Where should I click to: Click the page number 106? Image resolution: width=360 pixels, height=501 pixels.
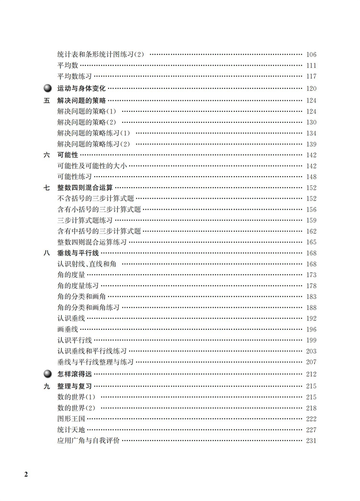(311, 55)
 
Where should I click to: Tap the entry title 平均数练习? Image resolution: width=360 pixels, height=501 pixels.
(74, 76)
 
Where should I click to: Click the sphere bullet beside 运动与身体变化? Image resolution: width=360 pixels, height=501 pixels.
(47, 88)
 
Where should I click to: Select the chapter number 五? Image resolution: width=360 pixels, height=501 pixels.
(47, 100)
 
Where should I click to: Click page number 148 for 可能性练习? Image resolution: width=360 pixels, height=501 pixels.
(311, 177)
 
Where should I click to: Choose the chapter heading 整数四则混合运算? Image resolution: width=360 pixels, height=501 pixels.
(85, 188)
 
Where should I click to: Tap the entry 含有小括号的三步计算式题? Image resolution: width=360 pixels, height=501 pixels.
(99, 209)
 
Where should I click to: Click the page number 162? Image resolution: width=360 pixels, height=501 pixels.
(311, 231)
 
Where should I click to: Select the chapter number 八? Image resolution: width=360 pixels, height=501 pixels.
(47, 253)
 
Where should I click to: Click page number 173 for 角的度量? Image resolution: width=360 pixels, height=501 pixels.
(311, 275)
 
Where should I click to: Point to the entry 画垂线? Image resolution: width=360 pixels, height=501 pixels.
(67, 329)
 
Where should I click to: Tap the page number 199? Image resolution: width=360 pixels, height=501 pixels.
(311, 340)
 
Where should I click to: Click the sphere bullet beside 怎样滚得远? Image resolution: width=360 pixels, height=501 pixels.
(47, 373)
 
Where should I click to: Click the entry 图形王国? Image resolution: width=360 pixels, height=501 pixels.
(71, 418)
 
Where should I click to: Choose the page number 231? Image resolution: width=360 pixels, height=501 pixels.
(311, 441)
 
